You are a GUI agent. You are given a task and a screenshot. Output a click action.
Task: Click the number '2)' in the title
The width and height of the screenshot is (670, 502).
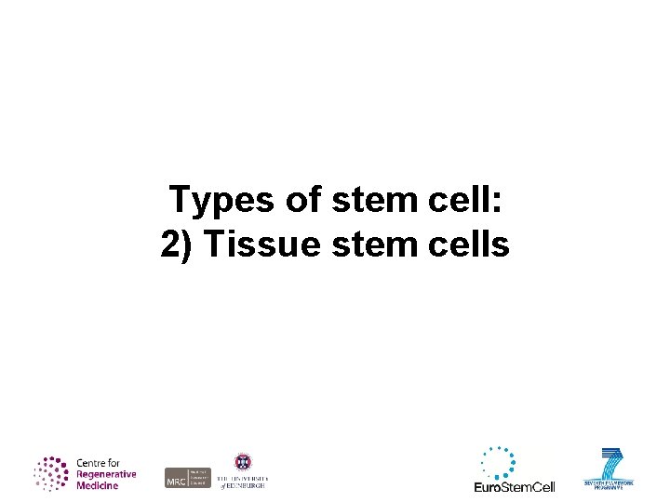(x=178, y=244)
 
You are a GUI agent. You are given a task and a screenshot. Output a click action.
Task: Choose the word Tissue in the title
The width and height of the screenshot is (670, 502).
(x=248, y=244)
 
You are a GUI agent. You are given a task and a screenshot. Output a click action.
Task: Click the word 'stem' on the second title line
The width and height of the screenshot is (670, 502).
(x=354, y=244)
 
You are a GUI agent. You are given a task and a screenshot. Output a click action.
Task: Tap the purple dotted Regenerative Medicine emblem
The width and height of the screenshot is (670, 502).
(x=52, y=473)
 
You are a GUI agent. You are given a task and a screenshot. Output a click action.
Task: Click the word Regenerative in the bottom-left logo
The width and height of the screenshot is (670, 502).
(x=105, y=474)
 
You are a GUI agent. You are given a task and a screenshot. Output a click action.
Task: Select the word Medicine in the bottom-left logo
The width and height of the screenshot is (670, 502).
(x=97, y=485)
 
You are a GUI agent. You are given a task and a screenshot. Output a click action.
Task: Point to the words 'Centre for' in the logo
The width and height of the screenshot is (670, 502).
(x=98, y=463)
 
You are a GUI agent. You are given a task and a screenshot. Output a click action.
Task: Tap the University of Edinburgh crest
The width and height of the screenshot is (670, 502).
(x=242, y=462)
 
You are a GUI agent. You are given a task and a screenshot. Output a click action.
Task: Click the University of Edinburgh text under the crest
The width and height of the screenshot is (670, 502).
(x=242, y=481)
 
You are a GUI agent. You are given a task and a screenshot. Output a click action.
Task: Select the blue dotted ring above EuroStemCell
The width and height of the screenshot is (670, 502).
(x=498, y=462)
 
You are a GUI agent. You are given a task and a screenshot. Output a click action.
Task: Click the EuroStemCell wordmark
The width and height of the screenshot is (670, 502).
(x=514, y=487)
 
